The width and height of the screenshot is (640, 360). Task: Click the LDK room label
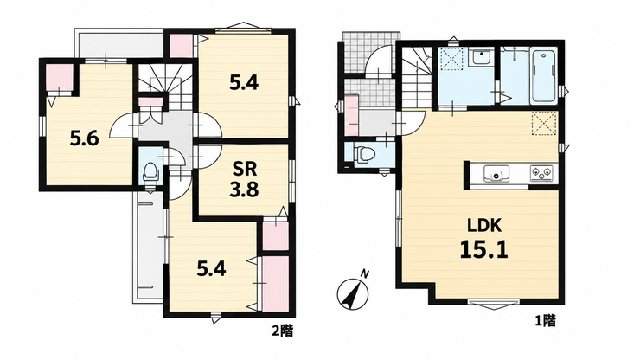[484, 226]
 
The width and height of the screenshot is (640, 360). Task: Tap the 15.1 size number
[484, 249]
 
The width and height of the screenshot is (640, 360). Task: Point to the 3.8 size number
[244, 190]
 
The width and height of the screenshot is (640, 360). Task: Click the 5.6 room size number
[84, 139]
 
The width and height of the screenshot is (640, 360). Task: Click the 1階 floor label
[546, 321]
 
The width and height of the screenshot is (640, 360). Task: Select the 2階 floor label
[283, 331]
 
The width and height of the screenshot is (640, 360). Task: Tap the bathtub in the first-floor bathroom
[544, 76]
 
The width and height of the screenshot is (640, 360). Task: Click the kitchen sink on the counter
[496, 174]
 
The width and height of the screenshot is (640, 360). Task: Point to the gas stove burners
[541, 174]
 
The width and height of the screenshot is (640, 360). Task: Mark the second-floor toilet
[150, 172]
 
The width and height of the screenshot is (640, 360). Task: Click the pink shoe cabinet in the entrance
[351, 116]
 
